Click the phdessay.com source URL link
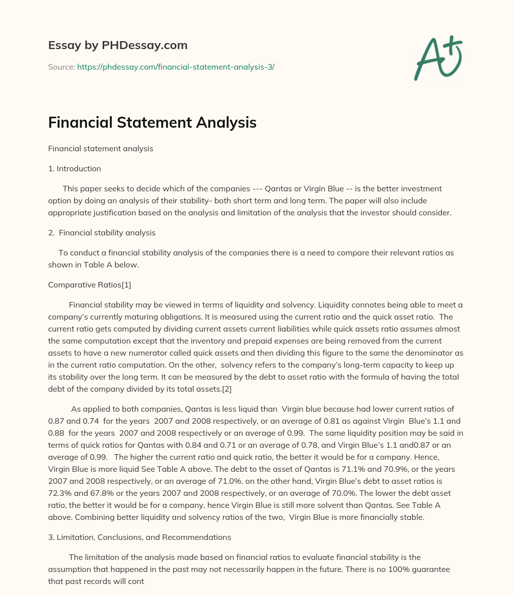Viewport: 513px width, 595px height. (176, 67)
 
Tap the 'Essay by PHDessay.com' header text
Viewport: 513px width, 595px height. (118, 46)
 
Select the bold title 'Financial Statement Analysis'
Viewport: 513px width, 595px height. (152, 123)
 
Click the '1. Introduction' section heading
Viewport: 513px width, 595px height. (75, 169)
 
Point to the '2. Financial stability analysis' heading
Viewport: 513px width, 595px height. (102, 233)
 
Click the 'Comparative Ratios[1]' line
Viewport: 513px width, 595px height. (90, 285)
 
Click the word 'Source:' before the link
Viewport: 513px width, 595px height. (61, 67)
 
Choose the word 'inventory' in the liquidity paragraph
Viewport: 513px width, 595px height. (215, 341)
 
